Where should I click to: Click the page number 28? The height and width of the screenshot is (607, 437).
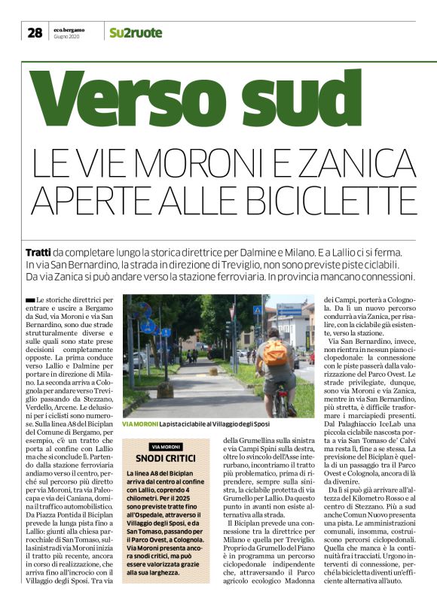point(35,32)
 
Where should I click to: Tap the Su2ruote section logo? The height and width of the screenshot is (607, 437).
point(135,32)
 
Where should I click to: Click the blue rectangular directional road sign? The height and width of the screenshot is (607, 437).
point(289,309)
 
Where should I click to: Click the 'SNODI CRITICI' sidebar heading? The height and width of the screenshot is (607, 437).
point(166,459)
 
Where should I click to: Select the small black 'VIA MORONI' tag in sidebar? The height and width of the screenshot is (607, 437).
point(165,447)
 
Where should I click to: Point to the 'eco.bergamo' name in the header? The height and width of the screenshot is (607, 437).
point(68,29)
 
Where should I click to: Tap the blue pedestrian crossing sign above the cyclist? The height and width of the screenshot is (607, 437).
point(258,310)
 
